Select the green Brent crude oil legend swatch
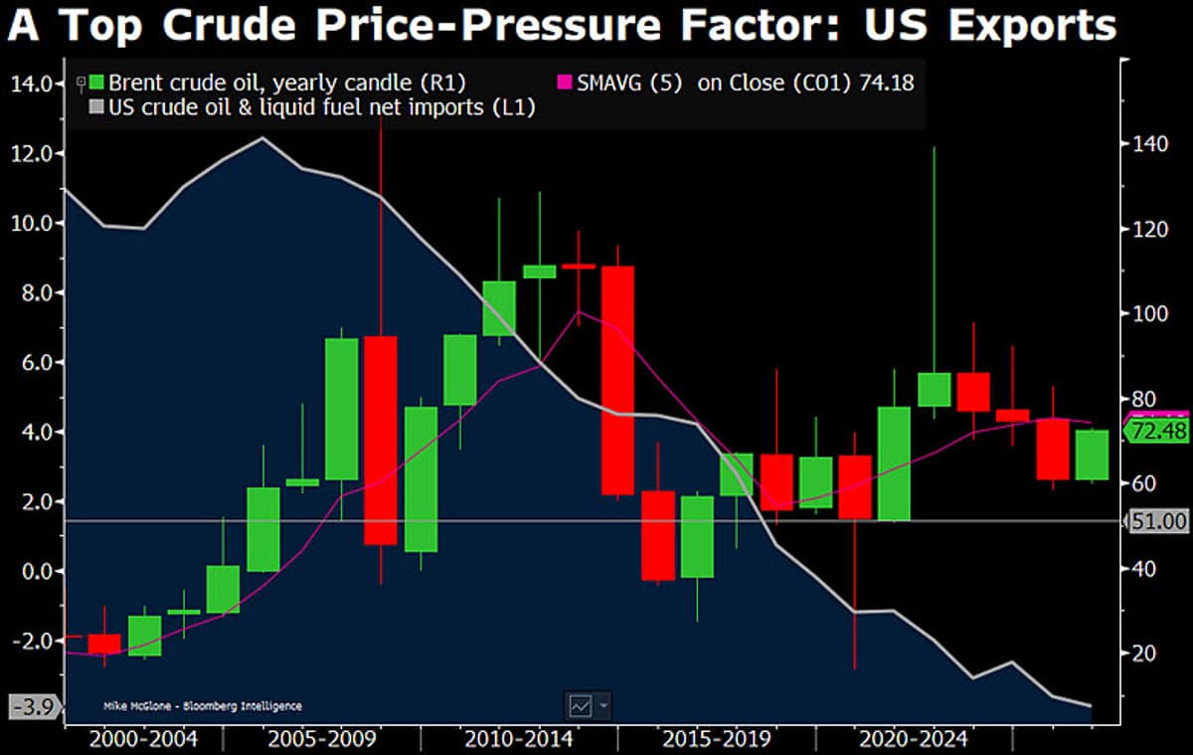(x=95, y=83)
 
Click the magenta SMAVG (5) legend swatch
(x=567, y=83)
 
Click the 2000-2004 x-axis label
(x=142, y=739)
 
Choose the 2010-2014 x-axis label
(x=517, y=739)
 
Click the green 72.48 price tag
(x=1159, y=432)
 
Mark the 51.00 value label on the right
(x=1159, y=521)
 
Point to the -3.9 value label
(x=32, y=708)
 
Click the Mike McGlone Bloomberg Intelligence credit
(x=202, y=706)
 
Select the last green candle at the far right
(x=1093, y=455)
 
